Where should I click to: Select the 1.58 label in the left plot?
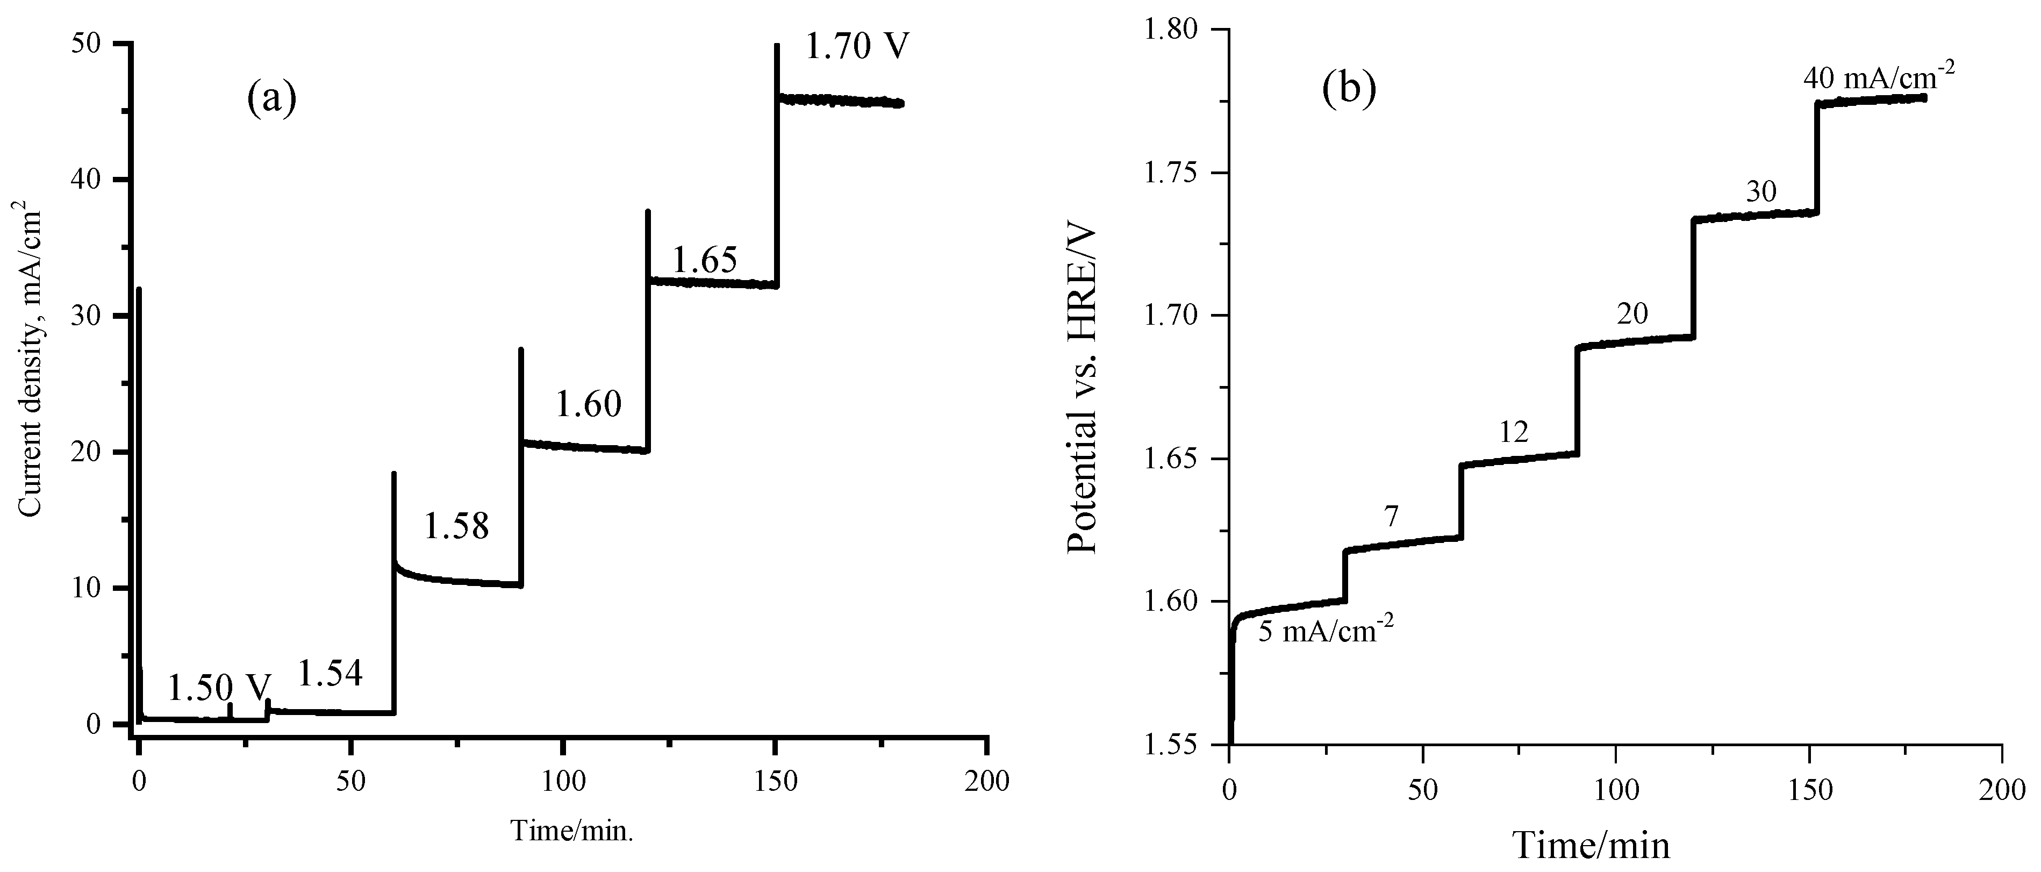[456, 526]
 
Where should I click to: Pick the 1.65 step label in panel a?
[705, 260]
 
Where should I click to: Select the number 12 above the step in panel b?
[1513, 433]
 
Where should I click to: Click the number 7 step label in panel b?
[1391, 517]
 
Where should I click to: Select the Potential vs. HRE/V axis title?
[1082, 389]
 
